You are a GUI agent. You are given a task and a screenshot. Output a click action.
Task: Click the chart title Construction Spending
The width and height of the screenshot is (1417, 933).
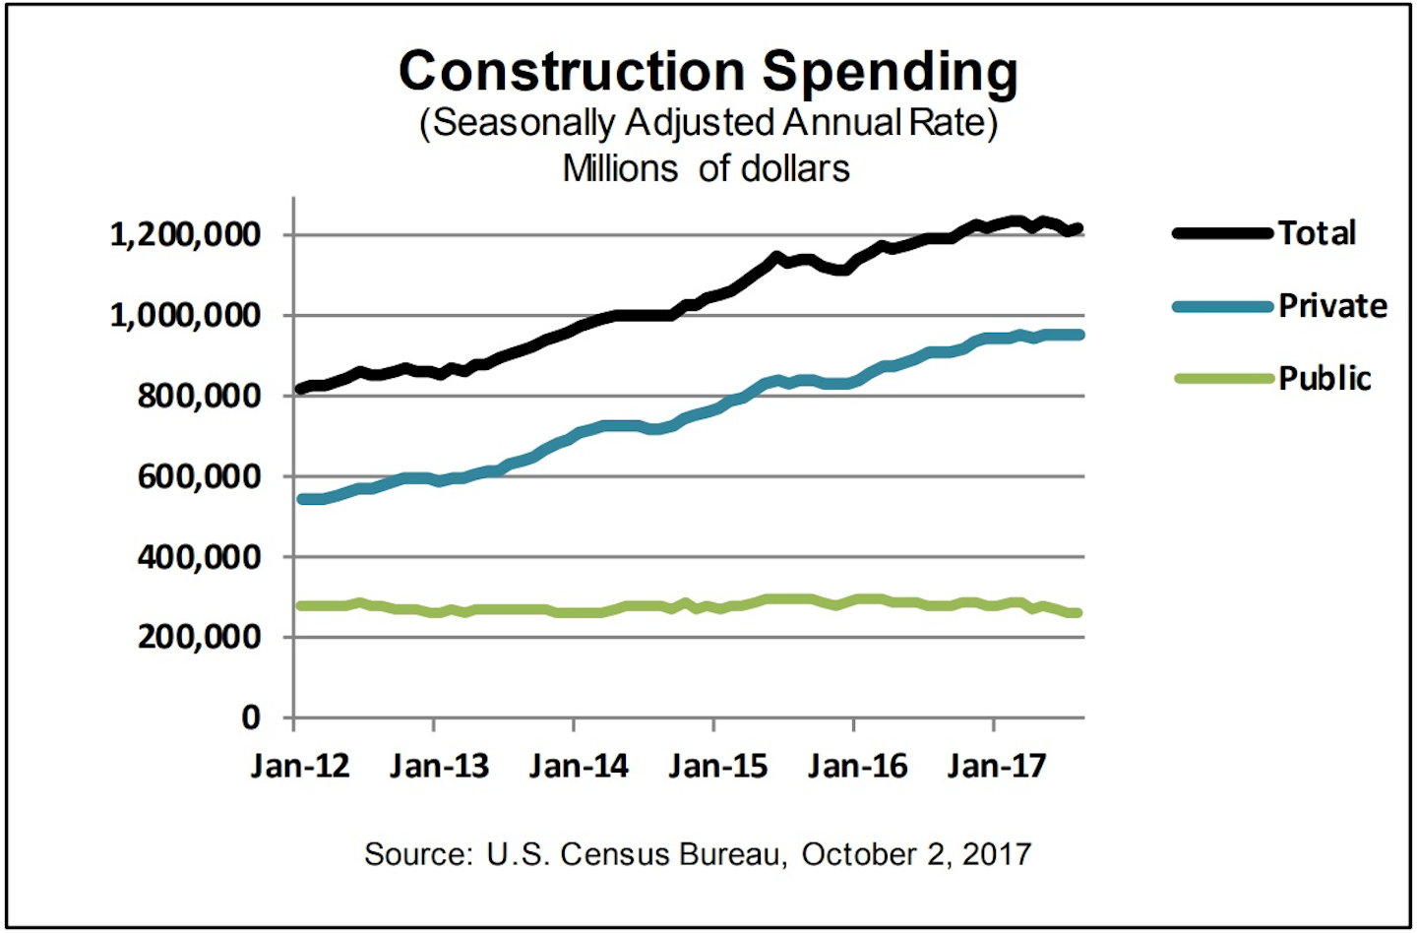point(708,72)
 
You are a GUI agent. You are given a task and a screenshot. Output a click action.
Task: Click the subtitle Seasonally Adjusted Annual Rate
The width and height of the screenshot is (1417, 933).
point(708,123)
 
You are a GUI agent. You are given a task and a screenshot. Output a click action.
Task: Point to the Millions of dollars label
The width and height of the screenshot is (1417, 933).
point(706,168)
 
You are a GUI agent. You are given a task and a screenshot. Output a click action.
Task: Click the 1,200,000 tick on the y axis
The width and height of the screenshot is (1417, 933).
point(185,235)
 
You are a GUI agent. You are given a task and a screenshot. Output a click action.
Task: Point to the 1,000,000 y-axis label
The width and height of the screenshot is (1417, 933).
point(185,316)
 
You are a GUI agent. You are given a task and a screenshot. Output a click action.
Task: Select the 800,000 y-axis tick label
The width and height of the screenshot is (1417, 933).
point(199,396)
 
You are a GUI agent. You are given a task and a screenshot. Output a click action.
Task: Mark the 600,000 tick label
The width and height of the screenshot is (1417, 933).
point(199,476)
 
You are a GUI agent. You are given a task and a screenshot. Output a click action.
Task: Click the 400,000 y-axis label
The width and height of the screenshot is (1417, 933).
point(199,557)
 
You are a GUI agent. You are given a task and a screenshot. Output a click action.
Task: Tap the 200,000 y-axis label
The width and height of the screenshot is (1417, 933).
point(199,637)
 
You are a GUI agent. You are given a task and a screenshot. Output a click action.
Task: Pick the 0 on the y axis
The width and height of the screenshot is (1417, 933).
point(252,717)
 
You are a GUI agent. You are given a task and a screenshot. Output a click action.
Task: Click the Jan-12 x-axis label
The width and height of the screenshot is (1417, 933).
point(299,766)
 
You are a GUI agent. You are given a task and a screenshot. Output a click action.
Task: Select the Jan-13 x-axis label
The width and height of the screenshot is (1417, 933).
point(439,766)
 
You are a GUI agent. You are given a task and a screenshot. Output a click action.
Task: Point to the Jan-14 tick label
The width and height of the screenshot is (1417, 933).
point(579,766)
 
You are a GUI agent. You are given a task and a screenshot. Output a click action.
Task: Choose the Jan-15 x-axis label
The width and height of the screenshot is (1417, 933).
point(717,766)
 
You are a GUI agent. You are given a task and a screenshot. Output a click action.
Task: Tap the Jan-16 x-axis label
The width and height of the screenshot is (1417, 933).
point(857,766)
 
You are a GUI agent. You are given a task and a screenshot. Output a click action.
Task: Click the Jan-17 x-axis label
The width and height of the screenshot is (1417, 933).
point(997,766)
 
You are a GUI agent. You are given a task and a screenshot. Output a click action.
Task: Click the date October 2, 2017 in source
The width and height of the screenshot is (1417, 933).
point(916,854)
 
